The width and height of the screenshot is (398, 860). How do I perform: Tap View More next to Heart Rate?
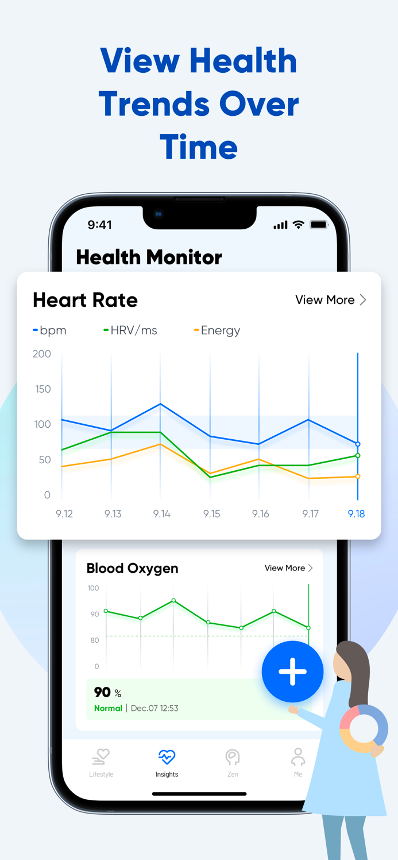pyautogui.click(x=330, y=300)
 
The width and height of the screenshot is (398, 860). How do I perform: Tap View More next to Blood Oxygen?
pyautogui.click(x=288, y=568)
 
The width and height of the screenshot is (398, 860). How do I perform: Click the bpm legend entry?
pyautogui.click(x=50, y=330)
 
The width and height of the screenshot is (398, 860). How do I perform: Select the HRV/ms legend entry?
pyautogui.click(x=130, y=330)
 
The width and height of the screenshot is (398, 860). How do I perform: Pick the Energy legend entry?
pyautogui.click(x=218, y=330)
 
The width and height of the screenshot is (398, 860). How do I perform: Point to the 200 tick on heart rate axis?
pyautogui.click(x=42, y=354)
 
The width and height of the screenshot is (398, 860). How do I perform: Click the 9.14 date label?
pyautogui.click(x=161, y=514)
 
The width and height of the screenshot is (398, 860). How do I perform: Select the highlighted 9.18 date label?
pyautogui.click(x=356, y=514)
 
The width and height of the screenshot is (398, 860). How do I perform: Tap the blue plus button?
pyautogui.click(x=292, y=671)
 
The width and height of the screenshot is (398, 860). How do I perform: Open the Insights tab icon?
pyautogui.click(x=167, y=757)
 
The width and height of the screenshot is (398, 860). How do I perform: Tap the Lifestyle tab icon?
pyautogui.click(x=101, y=757)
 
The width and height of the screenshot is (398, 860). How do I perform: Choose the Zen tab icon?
pyautogui.click(x=233, y=757)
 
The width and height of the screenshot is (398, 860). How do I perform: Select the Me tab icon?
pyautogui.click(x=297, y=757)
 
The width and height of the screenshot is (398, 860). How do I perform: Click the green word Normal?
pyautogui.click(x=108, y=708)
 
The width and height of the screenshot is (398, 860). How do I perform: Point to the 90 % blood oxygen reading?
pyautogui.click(x=107, y=693)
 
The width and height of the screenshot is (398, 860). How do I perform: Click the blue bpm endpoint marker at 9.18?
pyautogui.click(x=358, y=444)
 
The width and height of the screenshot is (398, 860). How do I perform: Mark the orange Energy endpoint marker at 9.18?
pyautogui.click(x=358, y=476)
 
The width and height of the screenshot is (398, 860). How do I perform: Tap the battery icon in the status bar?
pyautogui.click(x=319, y=225)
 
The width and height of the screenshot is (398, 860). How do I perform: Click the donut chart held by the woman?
pyautogui.click(x=364, y=729)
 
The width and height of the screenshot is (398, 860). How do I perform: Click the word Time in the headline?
pyautogui.click(x=199, y=147)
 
